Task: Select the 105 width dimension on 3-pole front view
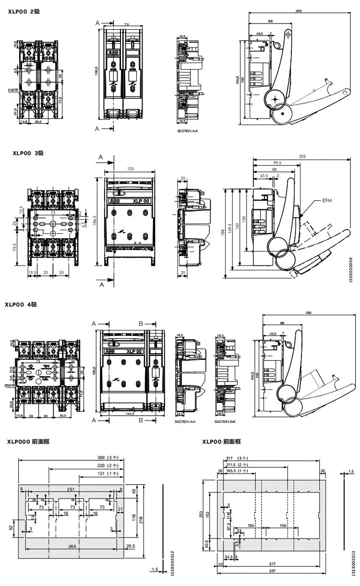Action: click(x=130, y=169)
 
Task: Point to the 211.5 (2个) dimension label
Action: click(x=238, y=465)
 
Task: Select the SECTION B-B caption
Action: click(x=224, y=422)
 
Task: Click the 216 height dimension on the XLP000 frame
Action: click(x=141, y=519)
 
